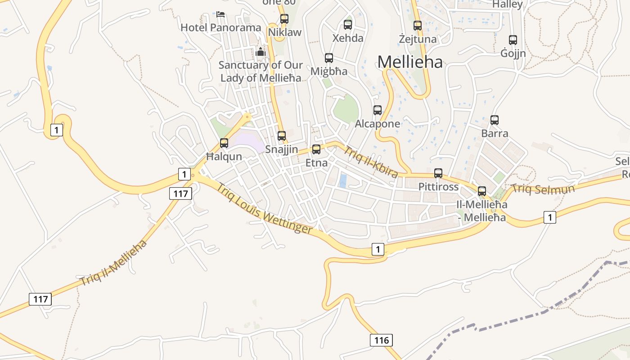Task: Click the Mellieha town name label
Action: point(410,62)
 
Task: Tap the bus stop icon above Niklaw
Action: point(284,19)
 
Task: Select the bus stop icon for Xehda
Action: point(348,25)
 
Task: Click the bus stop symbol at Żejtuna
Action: point(418,26)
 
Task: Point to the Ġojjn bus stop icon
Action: point(513,40)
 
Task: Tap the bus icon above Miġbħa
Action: point(329,58)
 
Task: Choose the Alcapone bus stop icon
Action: point(378,110)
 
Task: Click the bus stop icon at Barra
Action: point(495,120)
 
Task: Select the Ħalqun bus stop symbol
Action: point(224,143)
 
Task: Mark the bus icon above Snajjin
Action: point(282,135)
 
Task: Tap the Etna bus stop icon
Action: point(316,149)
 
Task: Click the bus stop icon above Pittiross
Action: point(438,173)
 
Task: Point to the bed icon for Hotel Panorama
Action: point(220,14)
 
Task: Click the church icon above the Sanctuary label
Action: point(261,52)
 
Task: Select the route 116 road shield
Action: point(381,340)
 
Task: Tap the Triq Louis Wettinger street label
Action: point(265,209)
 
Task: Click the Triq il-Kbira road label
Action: point(371,161)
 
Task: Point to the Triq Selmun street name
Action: point(543,189)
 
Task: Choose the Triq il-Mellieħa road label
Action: point(113,263)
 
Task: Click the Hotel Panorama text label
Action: point(220,27)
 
